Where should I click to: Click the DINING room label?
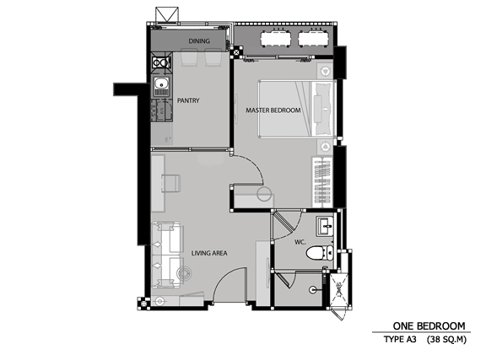199,41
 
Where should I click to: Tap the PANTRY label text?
188,100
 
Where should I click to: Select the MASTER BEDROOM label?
273,110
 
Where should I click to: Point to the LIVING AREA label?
209,253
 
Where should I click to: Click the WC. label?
300,242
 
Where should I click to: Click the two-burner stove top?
161,63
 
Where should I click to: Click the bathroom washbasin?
325,226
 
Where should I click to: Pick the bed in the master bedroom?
297,109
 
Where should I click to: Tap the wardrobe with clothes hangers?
322,182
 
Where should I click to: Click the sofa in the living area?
166,255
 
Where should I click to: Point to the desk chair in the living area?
170,183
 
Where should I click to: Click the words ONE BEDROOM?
429,326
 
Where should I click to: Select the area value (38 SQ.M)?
446,340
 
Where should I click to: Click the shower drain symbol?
312,290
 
